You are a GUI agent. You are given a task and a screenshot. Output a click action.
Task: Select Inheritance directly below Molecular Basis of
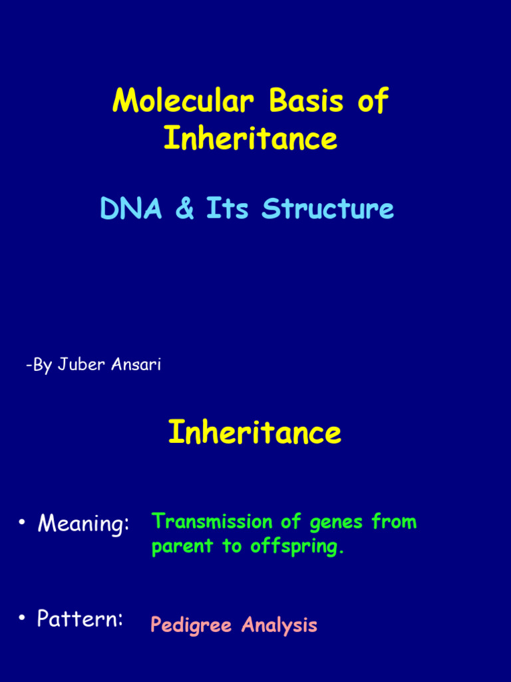(250, 139)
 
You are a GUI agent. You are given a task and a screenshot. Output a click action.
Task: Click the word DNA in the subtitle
(131, 209)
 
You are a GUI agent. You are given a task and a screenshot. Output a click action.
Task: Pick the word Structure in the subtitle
(327, 209)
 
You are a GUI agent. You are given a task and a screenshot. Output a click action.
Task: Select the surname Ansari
(136, 365)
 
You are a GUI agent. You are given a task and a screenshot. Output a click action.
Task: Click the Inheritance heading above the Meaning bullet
(254, 432)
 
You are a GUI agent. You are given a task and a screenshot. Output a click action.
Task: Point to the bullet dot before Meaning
(22, 523)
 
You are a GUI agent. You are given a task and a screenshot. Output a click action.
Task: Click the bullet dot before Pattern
(22, 619)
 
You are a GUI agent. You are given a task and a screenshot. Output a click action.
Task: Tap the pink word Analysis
(279, 626)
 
